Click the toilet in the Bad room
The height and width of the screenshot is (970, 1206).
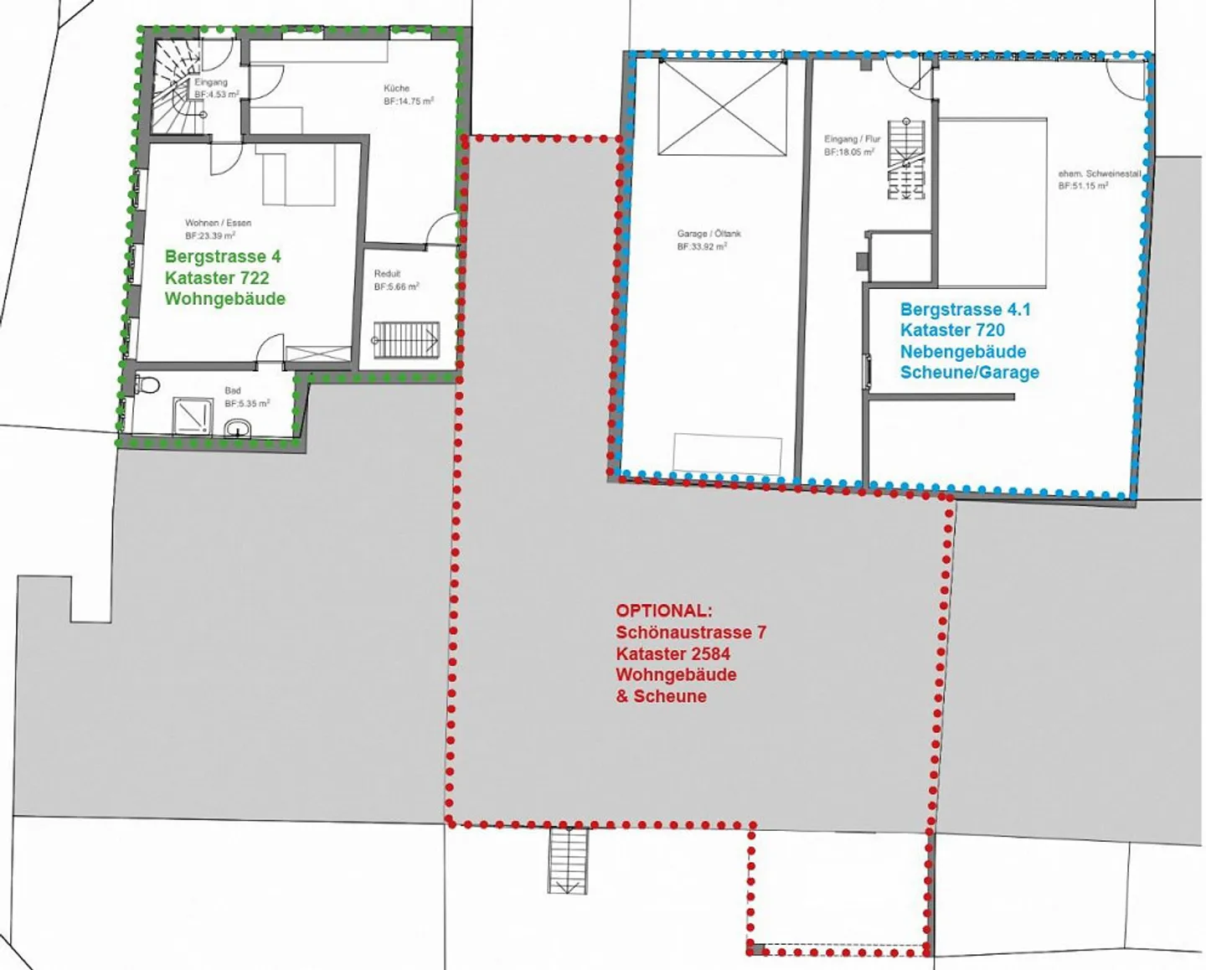(149, 385)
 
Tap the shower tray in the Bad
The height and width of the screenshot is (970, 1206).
(192, 415)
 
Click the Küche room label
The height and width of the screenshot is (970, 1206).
(397, 88)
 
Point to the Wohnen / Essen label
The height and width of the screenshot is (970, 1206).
(218, 223)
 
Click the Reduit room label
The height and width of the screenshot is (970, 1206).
(387, 273)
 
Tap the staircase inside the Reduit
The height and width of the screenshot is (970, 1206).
(406, 340)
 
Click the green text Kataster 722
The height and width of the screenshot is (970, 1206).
(217, 278)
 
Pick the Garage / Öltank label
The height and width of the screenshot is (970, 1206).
(709, 234)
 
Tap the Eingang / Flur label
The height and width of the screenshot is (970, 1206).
(852, 139)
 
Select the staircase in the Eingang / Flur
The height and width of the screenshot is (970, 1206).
(906, 159)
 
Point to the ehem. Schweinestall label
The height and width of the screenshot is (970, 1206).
(1100, 173)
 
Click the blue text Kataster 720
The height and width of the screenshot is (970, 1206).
(952, 330)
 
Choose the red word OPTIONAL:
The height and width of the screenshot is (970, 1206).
(664, 611)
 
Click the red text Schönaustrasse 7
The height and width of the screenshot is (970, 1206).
(691, 632)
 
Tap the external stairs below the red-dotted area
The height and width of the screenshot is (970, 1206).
(568, 860)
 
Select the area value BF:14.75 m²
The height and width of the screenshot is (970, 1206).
(409, 101)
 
